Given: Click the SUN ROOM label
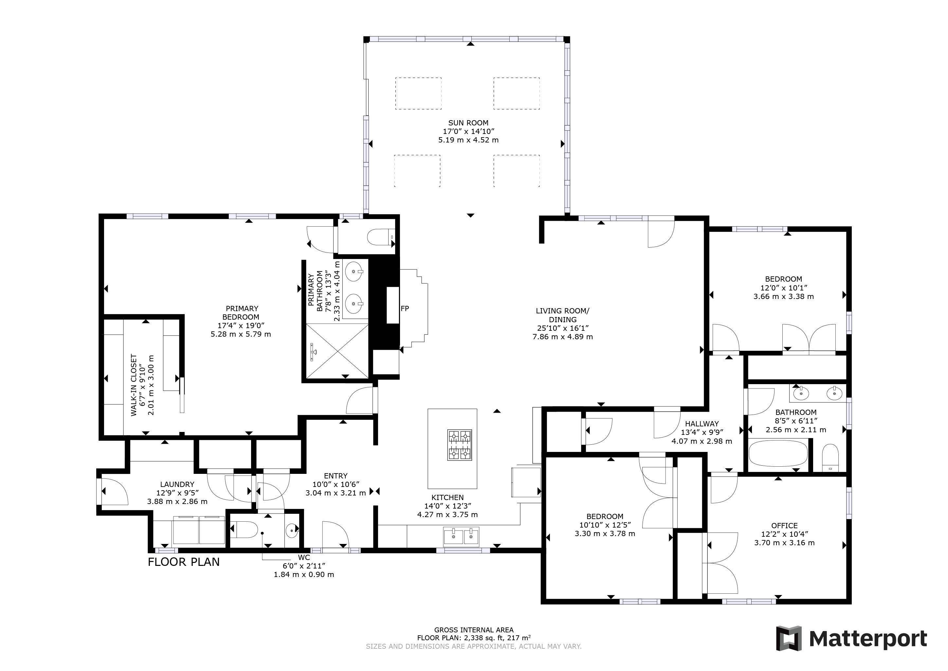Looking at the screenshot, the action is (x=468, y=123).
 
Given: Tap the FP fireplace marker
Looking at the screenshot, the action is (x=405, y=308).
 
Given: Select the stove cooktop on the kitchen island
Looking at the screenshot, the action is (x=460, y=445).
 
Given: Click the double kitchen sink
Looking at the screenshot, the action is (x=461, y=536).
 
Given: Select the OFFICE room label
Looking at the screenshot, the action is (x=785, y=526).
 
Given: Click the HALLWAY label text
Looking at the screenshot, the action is (x=702, y=423).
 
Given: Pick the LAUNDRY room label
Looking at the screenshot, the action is (x=177, y=484).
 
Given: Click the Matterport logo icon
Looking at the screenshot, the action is (x=789, y=638).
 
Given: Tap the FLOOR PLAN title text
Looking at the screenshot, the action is (x=184, y=562).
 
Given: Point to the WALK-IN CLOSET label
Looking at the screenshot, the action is (x=134, y=385).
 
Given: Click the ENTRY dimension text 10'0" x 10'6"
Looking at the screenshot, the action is (x=336, y=484).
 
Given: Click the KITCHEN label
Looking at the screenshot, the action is (x=447, y=497).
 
